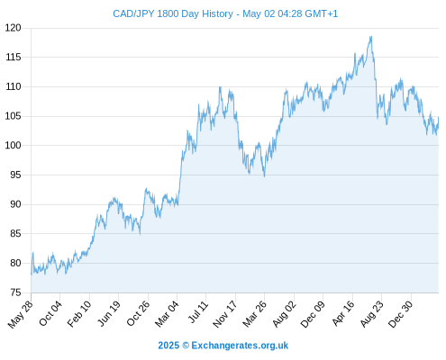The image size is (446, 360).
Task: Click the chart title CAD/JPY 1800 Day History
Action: point(173,13)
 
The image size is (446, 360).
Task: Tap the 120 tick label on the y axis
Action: point(13,28)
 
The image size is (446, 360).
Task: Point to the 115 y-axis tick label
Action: point(13,57)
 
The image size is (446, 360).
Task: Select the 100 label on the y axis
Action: point(13,146)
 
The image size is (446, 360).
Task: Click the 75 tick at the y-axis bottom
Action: point(15,292)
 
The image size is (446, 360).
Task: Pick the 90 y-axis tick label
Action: point(15,204)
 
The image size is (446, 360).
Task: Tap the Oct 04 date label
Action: point(50,313)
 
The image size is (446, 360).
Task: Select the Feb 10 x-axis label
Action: point(79,314)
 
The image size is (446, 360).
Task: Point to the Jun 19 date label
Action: point(109,313)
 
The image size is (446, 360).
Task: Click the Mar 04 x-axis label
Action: point(167,314)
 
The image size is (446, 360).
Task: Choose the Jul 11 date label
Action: point(198,311)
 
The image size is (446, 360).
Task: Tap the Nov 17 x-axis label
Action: point(225,314)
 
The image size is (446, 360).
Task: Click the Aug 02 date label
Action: point(284,314)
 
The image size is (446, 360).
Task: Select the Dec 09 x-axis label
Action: point(313,314)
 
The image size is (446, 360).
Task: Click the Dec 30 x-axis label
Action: point(400,314)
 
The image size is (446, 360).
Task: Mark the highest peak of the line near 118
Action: point(371,37)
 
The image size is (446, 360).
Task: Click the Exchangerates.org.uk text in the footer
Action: point(240,346)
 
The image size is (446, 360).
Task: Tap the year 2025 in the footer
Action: point(168,346)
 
